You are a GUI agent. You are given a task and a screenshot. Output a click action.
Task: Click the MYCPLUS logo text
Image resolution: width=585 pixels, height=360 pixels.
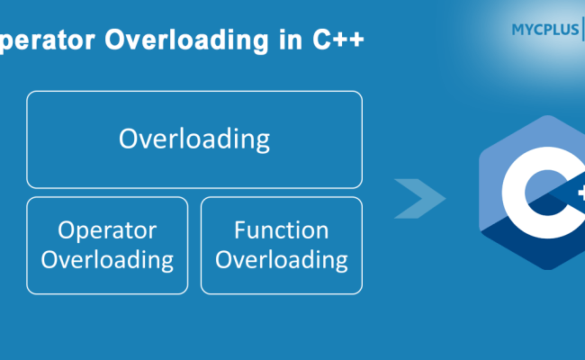point(541,30)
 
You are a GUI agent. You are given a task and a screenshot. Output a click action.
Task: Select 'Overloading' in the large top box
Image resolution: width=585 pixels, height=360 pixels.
point(194,139)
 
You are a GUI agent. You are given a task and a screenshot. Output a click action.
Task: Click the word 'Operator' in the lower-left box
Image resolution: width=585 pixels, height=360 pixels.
point(107,230)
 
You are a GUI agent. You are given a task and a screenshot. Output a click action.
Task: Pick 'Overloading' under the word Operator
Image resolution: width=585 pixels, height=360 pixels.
point(107,260)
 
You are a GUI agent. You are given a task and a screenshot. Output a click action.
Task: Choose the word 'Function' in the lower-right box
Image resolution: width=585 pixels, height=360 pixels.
point(282,230)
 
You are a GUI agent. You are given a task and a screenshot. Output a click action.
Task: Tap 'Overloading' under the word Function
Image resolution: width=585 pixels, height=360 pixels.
point(282,260)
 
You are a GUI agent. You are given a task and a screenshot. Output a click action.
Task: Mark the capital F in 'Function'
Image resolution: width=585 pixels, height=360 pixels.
point(240,230)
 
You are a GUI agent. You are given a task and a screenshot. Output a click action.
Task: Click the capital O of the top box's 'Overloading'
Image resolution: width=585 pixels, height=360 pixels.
point(129,139)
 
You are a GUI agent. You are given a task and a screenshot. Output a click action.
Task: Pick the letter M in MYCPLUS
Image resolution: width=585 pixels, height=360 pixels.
point(517,30)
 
